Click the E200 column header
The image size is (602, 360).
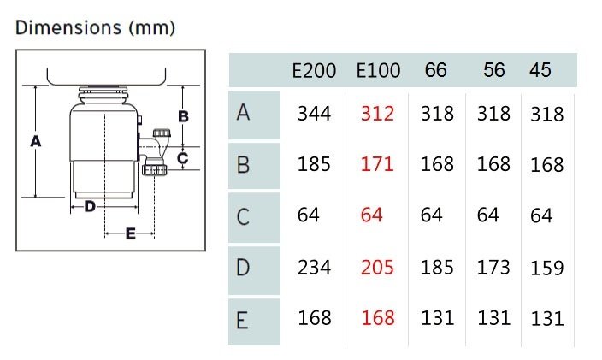pyautogui.click(x=314, y=71)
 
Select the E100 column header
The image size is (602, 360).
pyautogui.click(x=378, y=71)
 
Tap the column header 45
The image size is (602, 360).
pyautogui.click(x=540, y=70)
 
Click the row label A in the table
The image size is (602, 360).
pyautogui.click(x=243, y=113)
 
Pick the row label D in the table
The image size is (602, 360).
pyautogui.click(x=243, y=268)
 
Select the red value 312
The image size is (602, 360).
pyautogui.click(x=377, y=114)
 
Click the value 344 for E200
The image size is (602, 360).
pyautogui.click(x=314, y=114)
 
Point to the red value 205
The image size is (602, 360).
pyautogui.click(x=377, y=268)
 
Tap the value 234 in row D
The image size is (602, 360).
pyautogui.click(x=314, y=268)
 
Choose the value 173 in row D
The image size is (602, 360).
pyautogui.click(x=493, y=268)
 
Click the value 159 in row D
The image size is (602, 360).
pyautogui.click(x=547, y=269)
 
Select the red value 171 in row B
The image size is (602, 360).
pyautogui.click(x=377, y=164)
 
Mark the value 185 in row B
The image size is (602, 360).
pyautogui.click(x=314, y=164)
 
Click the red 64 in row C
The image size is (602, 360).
pyautogui.click(x=371, y=215)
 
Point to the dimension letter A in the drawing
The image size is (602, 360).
pyautogui.click(x=36, y=141)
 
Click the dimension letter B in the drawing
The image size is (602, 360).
pyautogui.click(x=184, y=116)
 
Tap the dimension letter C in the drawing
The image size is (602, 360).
pyautogui.click(x=183, y=158)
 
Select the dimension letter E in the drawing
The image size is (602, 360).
pyautogui.click(x=131, y=233)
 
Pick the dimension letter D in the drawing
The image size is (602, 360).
pyautogui.click(x=90, y=206)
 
